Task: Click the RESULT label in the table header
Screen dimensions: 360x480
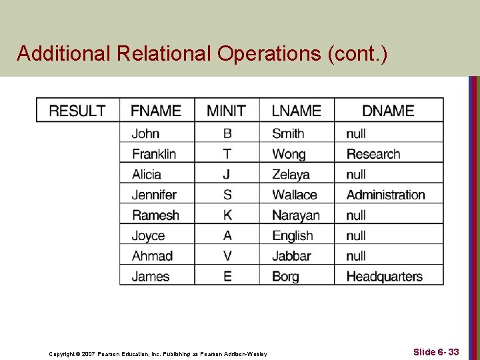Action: click(x=77, y=111)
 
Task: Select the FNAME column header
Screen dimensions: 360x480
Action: click(x=156, y=111)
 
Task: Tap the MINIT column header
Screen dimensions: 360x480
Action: click(x=226, y=111)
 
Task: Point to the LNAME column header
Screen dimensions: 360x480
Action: click(x=297, y=111)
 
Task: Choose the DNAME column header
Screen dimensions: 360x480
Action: click(x=388, y=111)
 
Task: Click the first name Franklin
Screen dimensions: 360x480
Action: click(x=154, y=154)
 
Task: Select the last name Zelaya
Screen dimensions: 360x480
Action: click(x=291, y=175)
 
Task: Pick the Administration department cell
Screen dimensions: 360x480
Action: click(x=385, y=195)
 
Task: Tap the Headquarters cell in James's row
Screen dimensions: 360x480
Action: click(x=384, y=277)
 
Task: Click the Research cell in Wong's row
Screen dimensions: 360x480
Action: click(x=373, y=154)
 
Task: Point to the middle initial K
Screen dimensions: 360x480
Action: click(x=227, y=215)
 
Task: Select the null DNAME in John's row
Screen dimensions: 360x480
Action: click(x=356, y=134)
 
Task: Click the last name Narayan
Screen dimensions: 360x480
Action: click(x=296, y=215)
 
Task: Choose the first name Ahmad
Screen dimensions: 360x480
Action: click(x=152, y=256)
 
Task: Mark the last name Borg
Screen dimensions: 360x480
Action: click(x=285, y=277)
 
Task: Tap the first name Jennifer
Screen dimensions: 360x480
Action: click(x=154, y=195)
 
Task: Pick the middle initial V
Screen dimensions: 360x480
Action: click(x=227, y=256)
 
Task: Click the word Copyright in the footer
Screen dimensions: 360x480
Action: click(x=63, y=354)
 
